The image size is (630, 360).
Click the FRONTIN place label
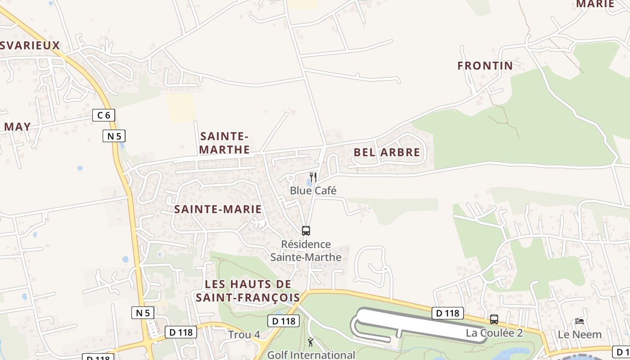pyautogui.click(x=485, y=66)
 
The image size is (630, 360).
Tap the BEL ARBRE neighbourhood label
pyautogui.click(x=387, y=152)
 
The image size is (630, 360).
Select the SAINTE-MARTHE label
pyautogui.click(x=224, y=143)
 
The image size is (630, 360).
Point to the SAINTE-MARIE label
pyautogui.click(x=218, y=209)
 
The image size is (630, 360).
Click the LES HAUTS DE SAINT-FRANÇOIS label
pyautogui.click(x=248, y=291)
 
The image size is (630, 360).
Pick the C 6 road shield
pyautogui.click(x=103, y=115)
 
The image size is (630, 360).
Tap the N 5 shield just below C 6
pyautogui.click(x=114, y=135)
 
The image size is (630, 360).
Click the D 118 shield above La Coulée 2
pyautogui.click(x=447, y=313)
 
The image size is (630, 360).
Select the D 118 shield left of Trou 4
pyautogui.click(x=181, y=332)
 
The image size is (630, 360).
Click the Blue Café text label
pyautogui.click(x=313, y=190)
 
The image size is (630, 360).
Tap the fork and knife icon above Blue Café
pyautogui.click(x=313, y=177)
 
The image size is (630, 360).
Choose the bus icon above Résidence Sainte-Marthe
pyautogui.click(x=306, y=231)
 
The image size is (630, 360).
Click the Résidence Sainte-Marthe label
pyautogui.click(x=306, y=251)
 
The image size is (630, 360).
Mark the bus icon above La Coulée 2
pyautogui.click(x=494, y=319)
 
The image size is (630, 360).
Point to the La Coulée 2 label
pyautogui.click(x=494, y=333)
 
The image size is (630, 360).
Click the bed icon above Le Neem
pyautogui.click(x=580, y=321)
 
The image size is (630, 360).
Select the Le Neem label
pyautogui.click(x=580, y=334)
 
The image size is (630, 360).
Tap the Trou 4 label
pyautogui.click(x=244, y=335)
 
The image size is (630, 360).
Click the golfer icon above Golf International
pyautogui.click(x=310, y=342)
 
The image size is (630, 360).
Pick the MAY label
pyautogui.click(x=18, y=127)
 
